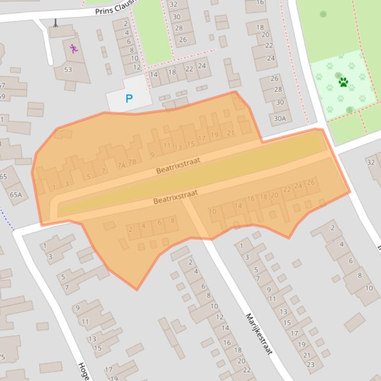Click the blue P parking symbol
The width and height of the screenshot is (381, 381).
click(129, 98)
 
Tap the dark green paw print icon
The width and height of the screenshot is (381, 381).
click(343, 82)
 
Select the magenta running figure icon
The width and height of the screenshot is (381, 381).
click(74, 48)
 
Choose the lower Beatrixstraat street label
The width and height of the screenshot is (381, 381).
click(175, 197)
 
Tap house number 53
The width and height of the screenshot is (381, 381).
click(68, 69)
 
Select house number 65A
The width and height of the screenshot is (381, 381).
click(16, 194)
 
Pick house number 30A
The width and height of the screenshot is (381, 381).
click(280, 118)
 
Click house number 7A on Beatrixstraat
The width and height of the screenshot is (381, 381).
click(121, 166)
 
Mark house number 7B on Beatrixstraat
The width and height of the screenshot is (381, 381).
click(132, 162)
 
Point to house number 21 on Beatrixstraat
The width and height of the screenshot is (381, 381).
click(230, 133)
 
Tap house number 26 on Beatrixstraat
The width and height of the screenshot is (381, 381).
click(311, 183)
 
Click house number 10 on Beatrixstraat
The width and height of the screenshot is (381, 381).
click(213, 211)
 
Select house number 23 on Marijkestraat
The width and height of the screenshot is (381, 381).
click(311, 365)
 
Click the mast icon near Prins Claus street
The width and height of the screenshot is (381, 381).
click(55, 22)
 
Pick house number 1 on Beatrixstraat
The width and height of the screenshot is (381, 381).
click(54, 188)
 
